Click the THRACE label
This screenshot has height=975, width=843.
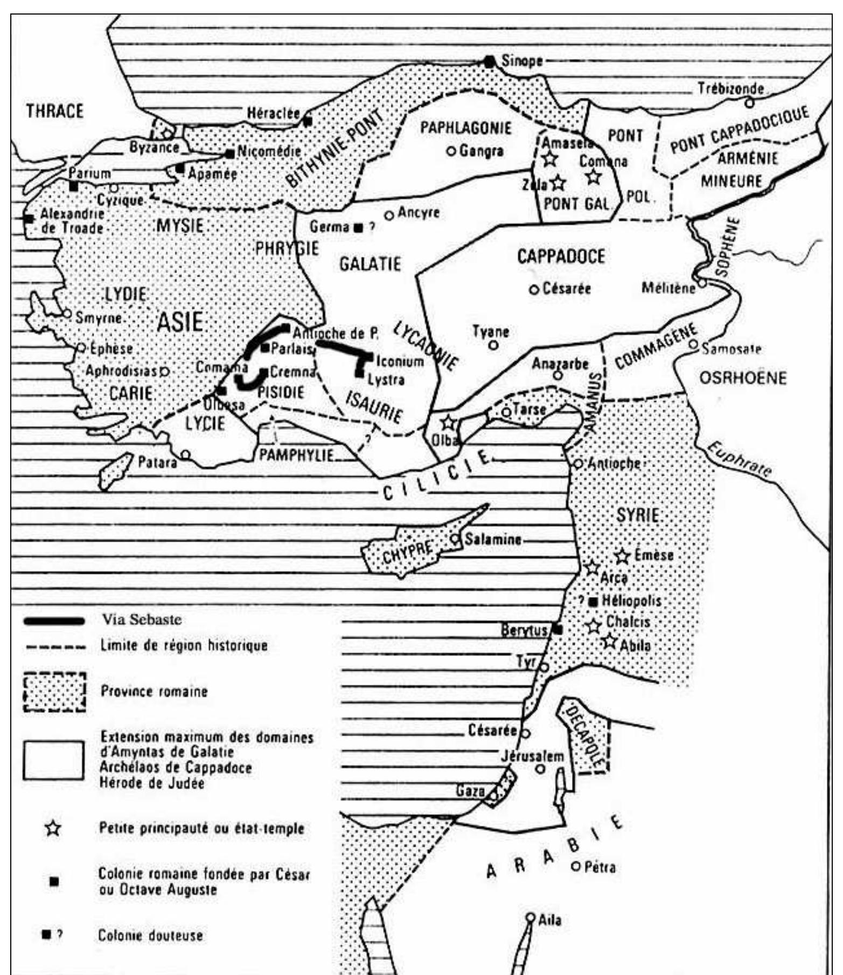[x=55, y=112]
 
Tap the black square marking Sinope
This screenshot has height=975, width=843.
[x=489, y=62]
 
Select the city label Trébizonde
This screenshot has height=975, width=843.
[x=730, y=88]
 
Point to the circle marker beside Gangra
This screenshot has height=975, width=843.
[x=451, y=151]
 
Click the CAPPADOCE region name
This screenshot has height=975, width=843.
[x=561, y=256]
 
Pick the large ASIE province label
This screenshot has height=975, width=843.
[x=180, y=322]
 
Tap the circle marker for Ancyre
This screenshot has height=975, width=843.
[x=389, y=215]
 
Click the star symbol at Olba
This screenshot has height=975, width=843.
[x=448, y=422]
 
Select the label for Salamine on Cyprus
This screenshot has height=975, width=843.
[x=493, y=539]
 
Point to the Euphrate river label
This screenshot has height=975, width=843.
[x=739, y=459]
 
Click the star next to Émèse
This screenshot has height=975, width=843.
[x=623, y=555]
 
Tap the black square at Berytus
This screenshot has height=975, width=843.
[x=558, y=629]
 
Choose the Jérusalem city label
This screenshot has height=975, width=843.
[x=532, y=756]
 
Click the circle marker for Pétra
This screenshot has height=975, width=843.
[x=575, y=867]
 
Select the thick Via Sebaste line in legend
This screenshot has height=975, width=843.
[x=54, y=621]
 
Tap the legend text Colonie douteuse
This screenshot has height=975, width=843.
[x=150, y=935]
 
